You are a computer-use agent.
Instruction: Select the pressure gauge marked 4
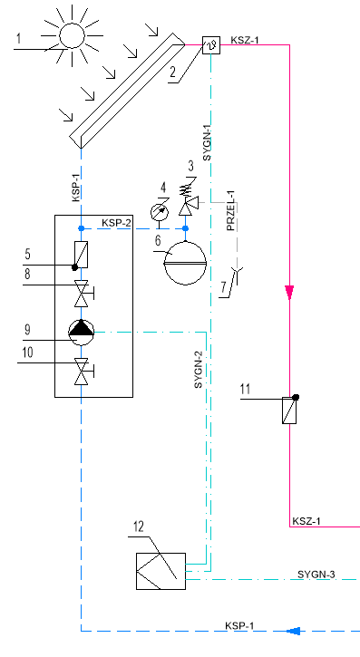tap(160, 211)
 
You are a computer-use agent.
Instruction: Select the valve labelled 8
tap(83, 294)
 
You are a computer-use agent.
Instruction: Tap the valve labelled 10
tap(83, 371)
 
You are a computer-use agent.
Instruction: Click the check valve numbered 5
tap(82, 256)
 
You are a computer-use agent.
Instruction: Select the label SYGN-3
tap(316, 575)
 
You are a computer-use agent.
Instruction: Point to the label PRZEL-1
tap(232, 210)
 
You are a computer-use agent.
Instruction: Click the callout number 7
tap(224, 287)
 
